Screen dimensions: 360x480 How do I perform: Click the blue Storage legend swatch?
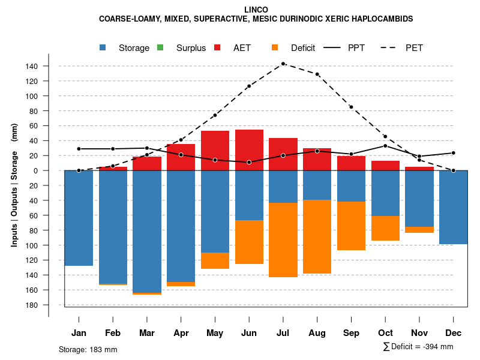(x=104, y=47)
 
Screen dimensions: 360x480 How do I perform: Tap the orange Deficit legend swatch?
(x=275, y=47)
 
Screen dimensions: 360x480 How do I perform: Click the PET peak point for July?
(x=283, y=64)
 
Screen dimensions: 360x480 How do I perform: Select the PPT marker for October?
(x=385, y=146)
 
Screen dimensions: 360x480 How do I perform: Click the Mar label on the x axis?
(x=147, y=332)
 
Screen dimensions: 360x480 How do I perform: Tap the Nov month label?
(x=419, y=332)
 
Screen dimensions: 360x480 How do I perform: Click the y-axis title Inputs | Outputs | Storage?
(x=14, y=185)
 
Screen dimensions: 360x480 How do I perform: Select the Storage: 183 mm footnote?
(x=88, y=349)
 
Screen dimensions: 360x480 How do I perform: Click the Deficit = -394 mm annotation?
(x=418, y=346)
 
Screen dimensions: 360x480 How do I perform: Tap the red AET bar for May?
(x=215, y=151)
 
